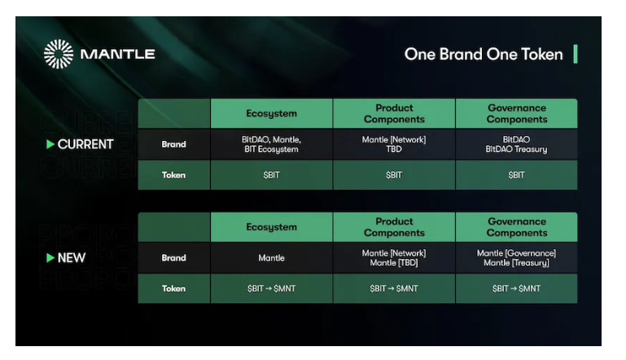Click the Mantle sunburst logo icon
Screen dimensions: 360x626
pos(58,55)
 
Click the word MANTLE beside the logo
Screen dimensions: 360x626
pos(117,55)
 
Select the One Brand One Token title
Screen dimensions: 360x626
pos(483,55)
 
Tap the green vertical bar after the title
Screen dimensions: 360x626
pos(576,55)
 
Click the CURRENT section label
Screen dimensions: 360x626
pos(85,145)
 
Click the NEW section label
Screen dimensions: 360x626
pos(71,258)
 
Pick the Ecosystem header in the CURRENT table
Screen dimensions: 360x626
pos(271,114)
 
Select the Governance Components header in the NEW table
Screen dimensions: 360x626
pos(516,227)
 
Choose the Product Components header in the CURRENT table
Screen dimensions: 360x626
pos(394,114)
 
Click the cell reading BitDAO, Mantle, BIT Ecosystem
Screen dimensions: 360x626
pos(271,145)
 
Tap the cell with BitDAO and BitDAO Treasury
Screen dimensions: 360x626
pos(516,145)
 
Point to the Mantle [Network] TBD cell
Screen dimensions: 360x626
pos(394,145)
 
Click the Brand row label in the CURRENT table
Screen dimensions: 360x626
pos(173,145)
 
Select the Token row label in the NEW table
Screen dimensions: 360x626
pos(173,288)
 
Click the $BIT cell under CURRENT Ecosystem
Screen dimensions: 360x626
pos(271,175)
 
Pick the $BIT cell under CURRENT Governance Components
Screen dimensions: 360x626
pos(516,175)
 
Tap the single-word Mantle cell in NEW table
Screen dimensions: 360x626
pos(271,258)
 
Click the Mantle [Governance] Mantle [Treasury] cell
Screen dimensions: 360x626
pos(516,258)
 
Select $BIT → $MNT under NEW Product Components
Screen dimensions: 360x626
pos(394,288)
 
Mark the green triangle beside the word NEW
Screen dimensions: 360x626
pos(50,258)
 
